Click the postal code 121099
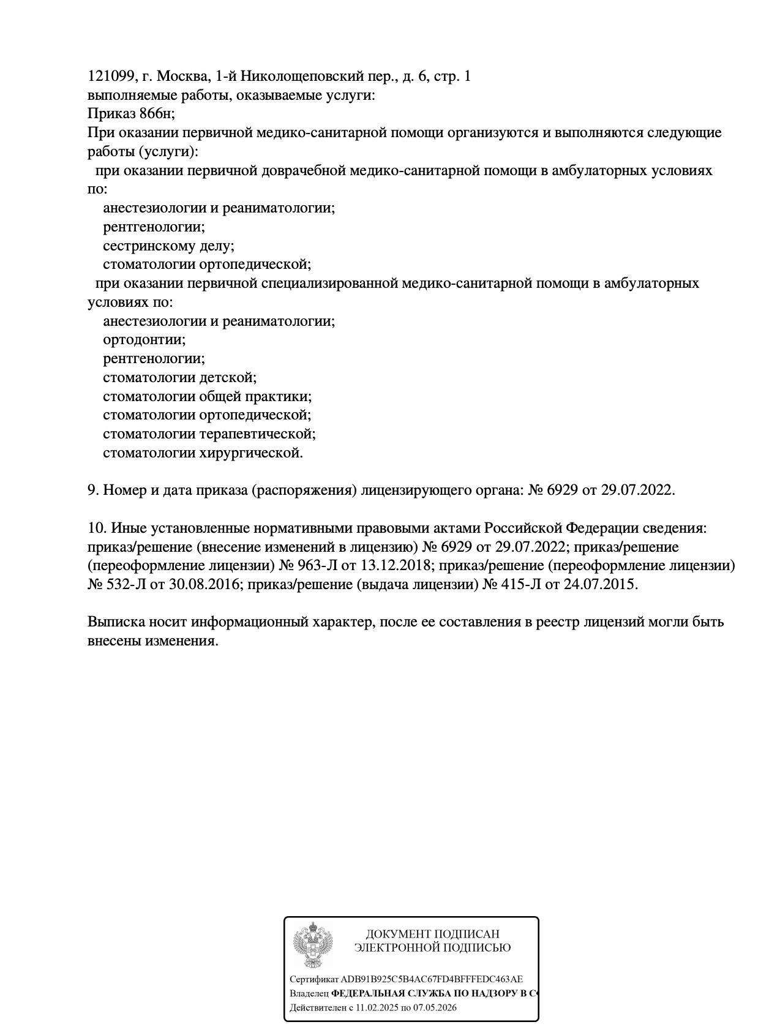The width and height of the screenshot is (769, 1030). point(111,77)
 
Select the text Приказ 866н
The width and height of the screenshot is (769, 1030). point(130,114)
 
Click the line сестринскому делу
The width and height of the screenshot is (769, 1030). point(168,246)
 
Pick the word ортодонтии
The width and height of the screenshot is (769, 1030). point(144,339)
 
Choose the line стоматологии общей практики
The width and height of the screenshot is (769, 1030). point(207,396)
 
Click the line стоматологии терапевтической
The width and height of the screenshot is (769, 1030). point(209,434)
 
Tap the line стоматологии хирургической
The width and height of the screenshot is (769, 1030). point(203,453)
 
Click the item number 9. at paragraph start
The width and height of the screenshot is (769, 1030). point(93,490)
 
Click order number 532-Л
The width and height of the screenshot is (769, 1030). point(126,584)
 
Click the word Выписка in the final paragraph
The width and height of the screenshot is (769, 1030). point(116,622)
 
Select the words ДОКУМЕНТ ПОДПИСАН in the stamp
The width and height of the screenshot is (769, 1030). point(432,934)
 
